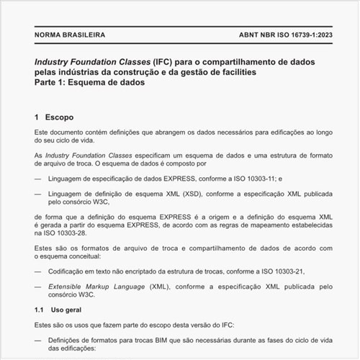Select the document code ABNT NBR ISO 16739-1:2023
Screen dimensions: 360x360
[x=283, y=35]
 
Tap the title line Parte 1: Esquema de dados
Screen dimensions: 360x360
[x=90, y=84]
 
